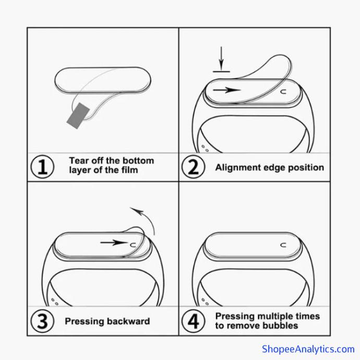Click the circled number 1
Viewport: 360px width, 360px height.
pyautogui.click(x=42, y=166)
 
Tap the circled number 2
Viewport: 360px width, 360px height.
pyautogui.click(x=193, y=166)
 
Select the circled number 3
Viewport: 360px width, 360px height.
pyautogui.click(x=42, y=321)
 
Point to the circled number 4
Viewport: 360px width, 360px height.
pyautogui.click(x=193, y=321)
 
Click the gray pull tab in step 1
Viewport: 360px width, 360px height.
pyautogui.click(x=78, y=116)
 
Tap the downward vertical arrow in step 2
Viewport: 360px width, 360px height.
pyautogui.click(x=221, y=58)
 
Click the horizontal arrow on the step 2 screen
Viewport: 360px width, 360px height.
pyautogui.click(x=226, y=90)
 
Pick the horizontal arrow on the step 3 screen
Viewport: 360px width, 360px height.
pyautogui.click(x=114, y=243)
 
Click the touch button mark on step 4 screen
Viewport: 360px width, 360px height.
pyautogui.click(x=283, y=245)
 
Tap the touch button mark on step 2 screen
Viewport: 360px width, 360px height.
pyautogui.click(x=283, y=92)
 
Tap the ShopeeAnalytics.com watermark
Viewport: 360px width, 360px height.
pyautogui.click(x=308, y=349)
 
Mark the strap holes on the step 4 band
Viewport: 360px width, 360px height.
pyautogui.click(x=205, y=302)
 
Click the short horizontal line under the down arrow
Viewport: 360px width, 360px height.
pyautogui.click(x=221, y=71)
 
